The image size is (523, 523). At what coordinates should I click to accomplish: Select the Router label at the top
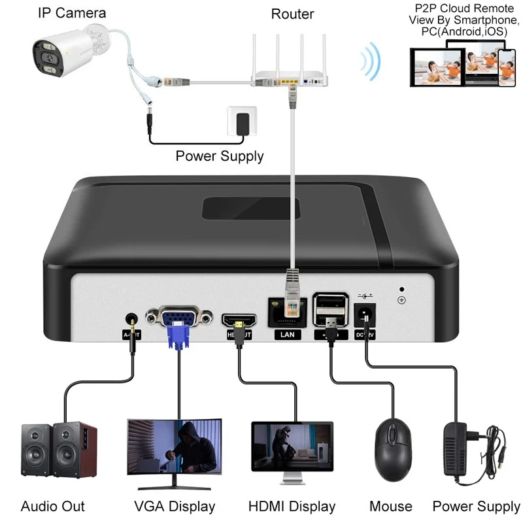tap(292, 14)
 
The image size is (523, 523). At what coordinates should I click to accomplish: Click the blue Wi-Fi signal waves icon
tap(372, 63)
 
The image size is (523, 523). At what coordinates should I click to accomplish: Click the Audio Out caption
tap(52, 507)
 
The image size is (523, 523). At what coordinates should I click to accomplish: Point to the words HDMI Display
tap(292, 507)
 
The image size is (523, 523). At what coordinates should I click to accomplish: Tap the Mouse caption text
tap(390, 507)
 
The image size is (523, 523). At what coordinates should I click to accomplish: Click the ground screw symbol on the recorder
tap(401, 299)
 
